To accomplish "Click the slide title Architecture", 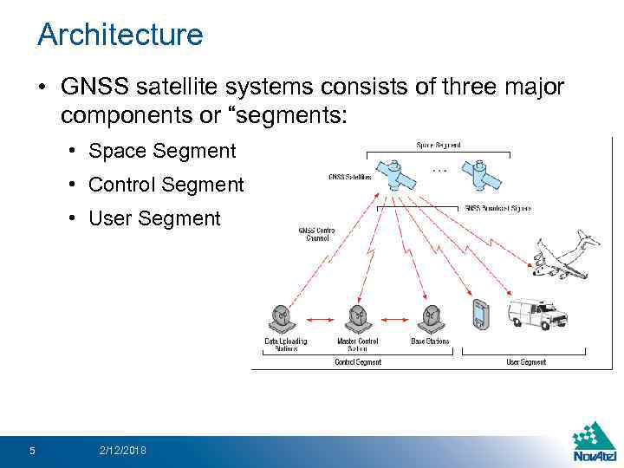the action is (120, 36).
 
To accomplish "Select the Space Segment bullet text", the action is (162, 151).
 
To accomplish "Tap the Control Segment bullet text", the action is (166, 185).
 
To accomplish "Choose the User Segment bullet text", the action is (155, 218).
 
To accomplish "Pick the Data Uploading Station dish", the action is (283, 319).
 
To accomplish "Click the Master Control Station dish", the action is (357, 319).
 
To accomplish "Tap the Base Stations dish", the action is (430, 319).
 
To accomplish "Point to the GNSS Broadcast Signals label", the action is (497, 208).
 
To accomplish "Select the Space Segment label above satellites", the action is (439, 145).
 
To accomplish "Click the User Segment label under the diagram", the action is (526, 361).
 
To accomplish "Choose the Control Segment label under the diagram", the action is (357, 361).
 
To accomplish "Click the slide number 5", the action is (32, 450).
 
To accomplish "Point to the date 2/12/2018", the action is (122, 450).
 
